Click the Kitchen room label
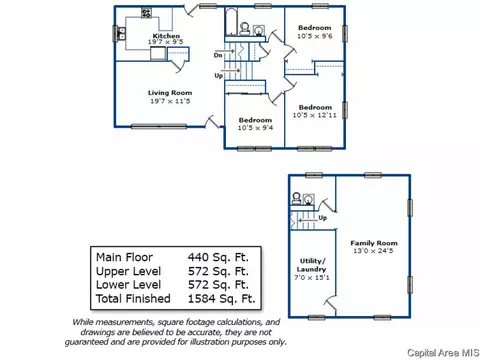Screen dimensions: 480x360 pos(166,36)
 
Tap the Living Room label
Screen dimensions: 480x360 pos(170,93)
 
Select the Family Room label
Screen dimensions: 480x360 pos(374,243)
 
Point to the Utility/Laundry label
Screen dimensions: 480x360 pos(311,265)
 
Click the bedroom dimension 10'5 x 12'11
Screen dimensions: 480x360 pos(315,115)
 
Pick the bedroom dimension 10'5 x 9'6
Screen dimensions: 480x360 pos(315,36)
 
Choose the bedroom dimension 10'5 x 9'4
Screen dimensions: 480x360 pos(255,128)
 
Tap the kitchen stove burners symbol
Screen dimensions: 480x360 pos(146,13)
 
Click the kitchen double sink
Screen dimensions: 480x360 pos(122,34)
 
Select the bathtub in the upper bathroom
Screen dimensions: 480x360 pos(231,22)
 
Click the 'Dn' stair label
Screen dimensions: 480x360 pos(218,55)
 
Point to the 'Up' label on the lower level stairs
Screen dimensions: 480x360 pos(322,218)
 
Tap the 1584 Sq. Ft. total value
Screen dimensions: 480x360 pos(222,299)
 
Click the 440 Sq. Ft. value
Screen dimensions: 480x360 pos(218,257)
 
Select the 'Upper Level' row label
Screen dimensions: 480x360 pos(128,271)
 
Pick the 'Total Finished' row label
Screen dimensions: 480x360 pos(133,299)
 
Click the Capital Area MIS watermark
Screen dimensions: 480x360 pos(443,353)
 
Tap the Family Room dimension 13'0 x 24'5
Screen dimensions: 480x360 pos(373,251)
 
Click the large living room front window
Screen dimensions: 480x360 pos(159,126)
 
